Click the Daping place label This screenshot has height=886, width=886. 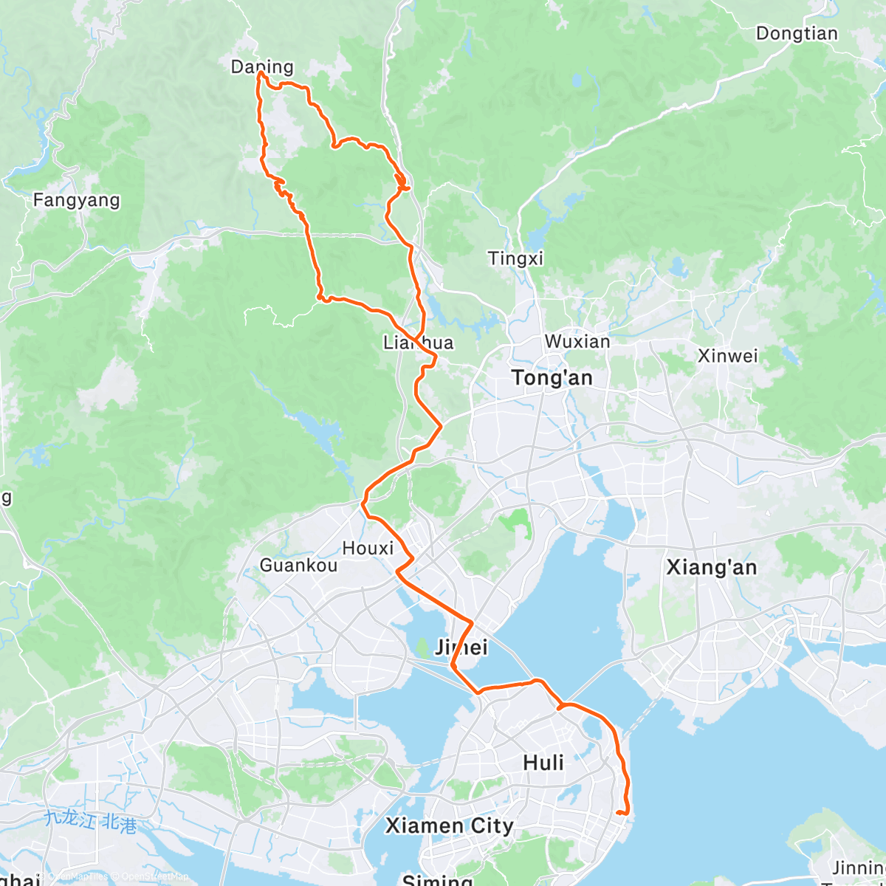tap(262, 66)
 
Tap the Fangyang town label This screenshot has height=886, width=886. tap(76, 200)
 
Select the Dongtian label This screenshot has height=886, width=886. tap(797, 34)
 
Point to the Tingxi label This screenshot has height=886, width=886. tap(515, 258)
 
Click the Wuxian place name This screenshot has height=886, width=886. tap(577, 342)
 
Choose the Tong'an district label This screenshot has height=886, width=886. tap(552, 378)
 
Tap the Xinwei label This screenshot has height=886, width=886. tap(727, 356)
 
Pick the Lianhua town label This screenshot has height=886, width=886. tap(418, 343)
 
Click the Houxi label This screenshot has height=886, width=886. tap(368, 549)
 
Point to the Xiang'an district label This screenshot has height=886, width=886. tap(711, 567)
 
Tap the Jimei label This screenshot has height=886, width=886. tap(461, 648)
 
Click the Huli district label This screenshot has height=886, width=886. tap(543, 763)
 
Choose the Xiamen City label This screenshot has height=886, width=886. tap(449, 825)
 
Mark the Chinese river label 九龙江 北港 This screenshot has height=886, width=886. tap(90, 821)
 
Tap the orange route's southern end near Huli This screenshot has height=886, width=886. tap(625, 814)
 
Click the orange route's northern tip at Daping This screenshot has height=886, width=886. tap(259, 73)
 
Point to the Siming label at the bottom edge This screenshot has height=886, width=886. tap(437, 879)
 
